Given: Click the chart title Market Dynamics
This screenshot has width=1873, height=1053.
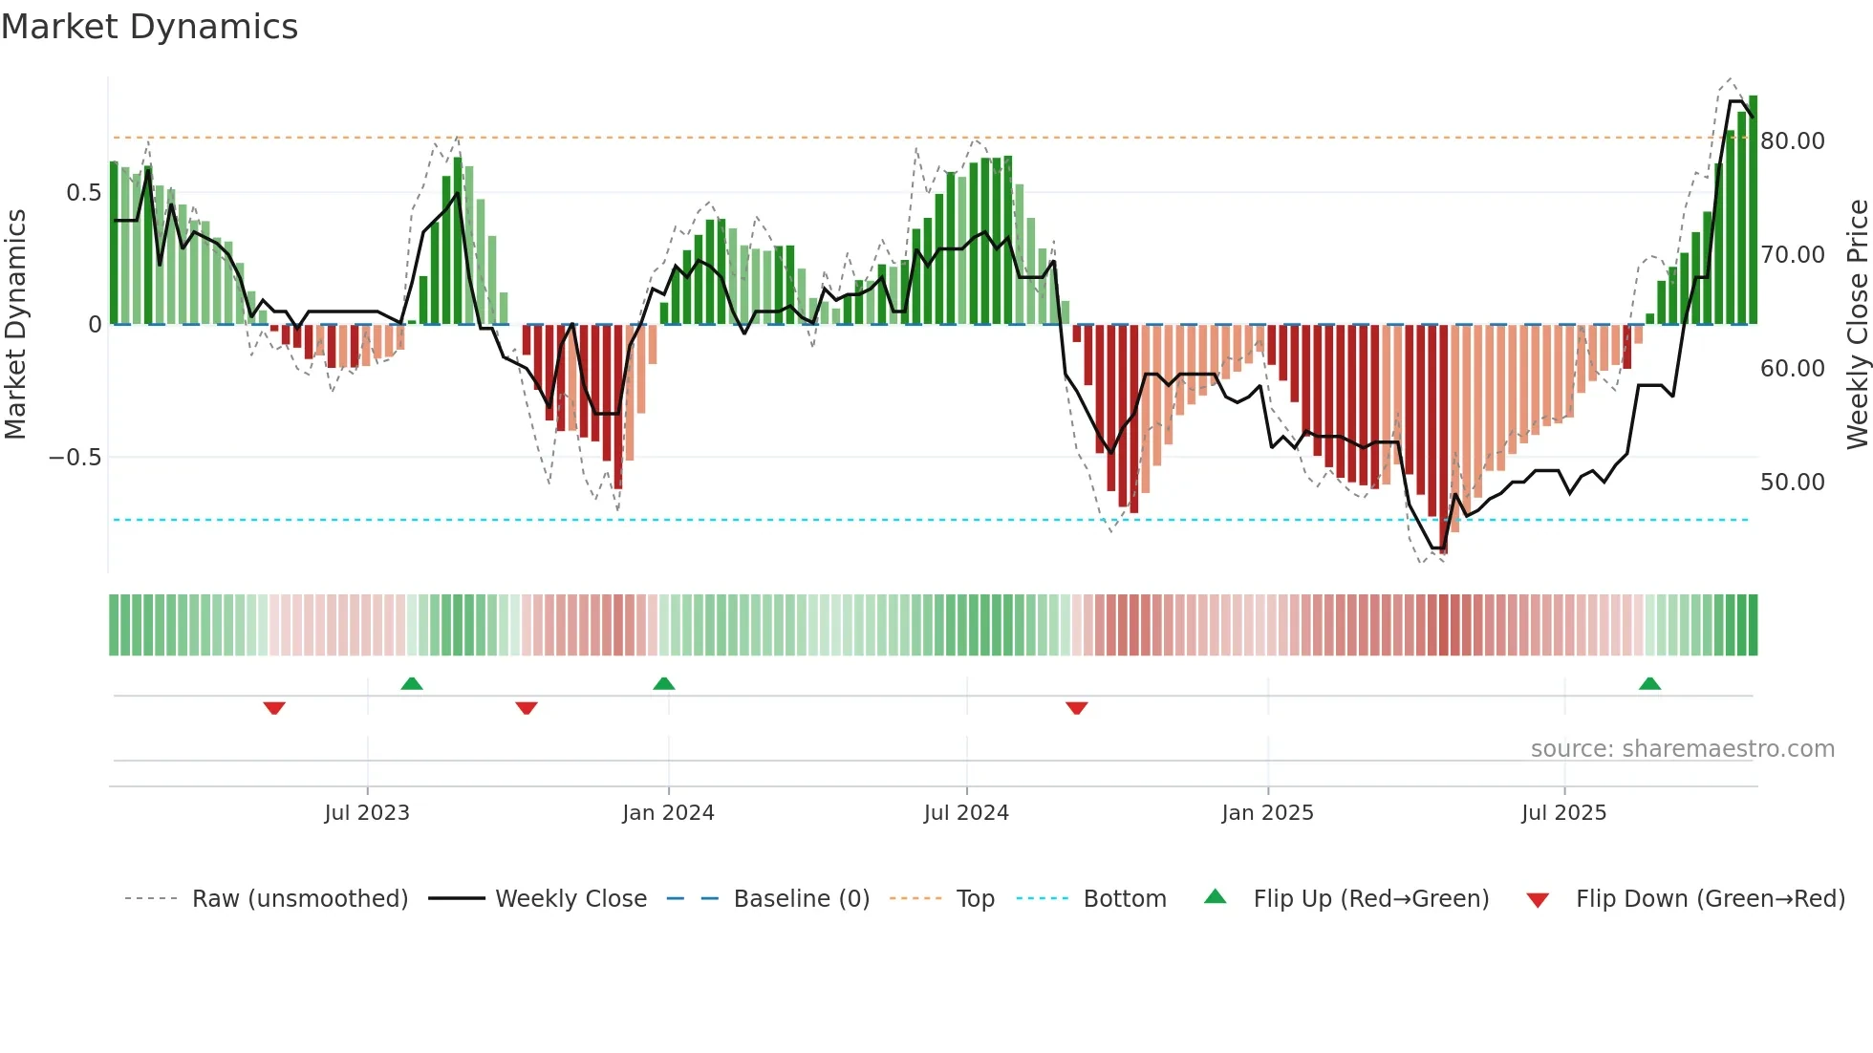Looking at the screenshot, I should point(149,27).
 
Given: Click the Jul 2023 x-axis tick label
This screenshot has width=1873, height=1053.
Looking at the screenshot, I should point(367,813).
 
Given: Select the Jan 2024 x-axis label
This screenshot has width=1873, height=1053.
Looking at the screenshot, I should point(668,813).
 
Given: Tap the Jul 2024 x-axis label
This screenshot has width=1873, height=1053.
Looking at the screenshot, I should point(966,813).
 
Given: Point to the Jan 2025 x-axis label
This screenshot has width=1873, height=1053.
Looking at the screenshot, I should point(1267,813).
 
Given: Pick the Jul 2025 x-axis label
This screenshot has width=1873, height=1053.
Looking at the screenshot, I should point(1563,813).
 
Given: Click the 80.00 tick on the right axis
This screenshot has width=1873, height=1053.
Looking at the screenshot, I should point(1792,141).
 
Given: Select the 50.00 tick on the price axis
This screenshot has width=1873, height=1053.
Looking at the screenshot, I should point(1792,483).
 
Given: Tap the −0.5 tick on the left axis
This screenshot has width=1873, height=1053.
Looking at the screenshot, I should point(75,458).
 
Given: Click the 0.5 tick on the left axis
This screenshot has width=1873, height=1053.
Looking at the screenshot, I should point(83,193).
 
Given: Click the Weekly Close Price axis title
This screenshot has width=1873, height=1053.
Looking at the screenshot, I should point(1857,325).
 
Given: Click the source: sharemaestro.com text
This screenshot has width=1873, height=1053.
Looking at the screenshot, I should point(1682,749).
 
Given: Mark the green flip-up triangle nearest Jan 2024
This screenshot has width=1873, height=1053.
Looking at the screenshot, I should point(664,683).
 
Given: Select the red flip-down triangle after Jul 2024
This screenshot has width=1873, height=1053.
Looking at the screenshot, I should point(1077,708).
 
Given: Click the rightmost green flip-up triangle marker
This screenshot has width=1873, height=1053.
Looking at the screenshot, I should point(1649,683).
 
